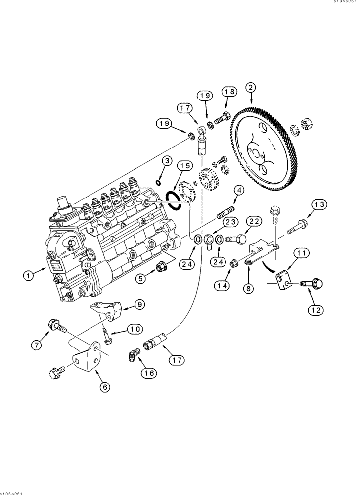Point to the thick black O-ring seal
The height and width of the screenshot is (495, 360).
tap(174, 199)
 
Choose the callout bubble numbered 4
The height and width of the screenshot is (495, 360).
tap(238, 190)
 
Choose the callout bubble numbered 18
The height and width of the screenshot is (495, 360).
tap(230, 92)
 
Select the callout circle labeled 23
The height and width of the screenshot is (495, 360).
tap(231, 223)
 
